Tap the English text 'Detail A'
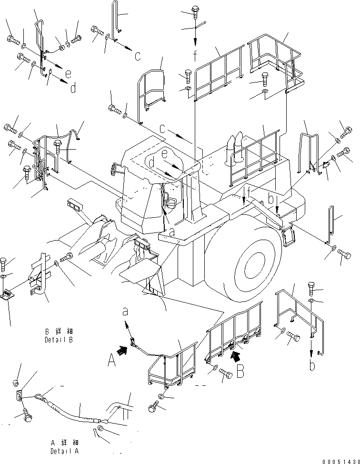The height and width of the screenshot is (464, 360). (65, 451)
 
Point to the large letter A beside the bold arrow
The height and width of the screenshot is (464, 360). (112, 362)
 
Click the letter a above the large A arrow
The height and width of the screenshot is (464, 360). (126, 312)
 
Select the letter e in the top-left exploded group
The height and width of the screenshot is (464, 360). (69, 73)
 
